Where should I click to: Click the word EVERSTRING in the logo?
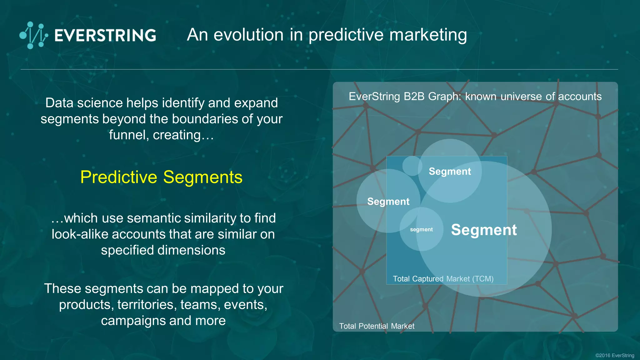105,35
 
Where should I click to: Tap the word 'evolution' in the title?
248,35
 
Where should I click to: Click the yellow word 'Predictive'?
119,177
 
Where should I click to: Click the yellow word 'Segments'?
203,177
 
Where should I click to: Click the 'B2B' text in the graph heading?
414,97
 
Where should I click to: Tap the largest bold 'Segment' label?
484,230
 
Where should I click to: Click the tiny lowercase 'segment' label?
421,230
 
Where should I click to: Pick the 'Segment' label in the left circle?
388,202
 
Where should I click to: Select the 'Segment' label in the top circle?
450,172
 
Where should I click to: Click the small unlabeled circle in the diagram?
412,166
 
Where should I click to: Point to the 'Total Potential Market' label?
377,326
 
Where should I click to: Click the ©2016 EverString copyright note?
614,355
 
